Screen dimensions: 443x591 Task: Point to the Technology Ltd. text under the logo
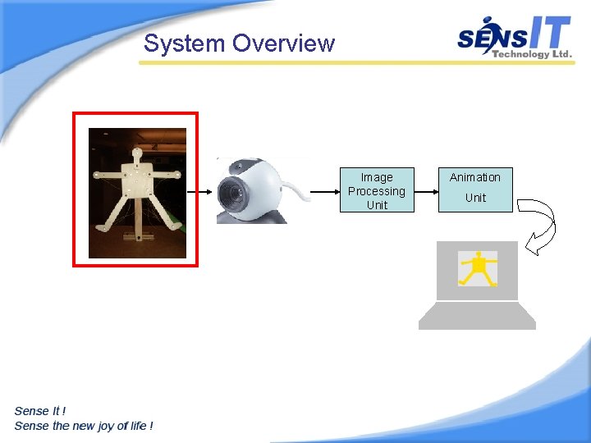[530, 54]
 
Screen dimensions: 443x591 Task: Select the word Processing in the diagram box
[377, 191]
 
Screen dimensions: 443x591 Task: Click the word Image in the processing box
[377, 177]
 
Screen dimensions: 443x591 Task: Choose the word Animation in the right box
[474, 177]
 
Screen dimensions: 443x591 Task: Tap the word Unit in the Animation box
[475, 198]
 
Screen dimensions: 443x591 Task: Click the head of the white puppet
[136, 153]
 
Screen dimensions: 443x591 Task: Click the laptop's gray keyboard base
[477, 316]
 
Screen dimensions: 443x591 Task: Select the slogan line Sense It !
[40, 410]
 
